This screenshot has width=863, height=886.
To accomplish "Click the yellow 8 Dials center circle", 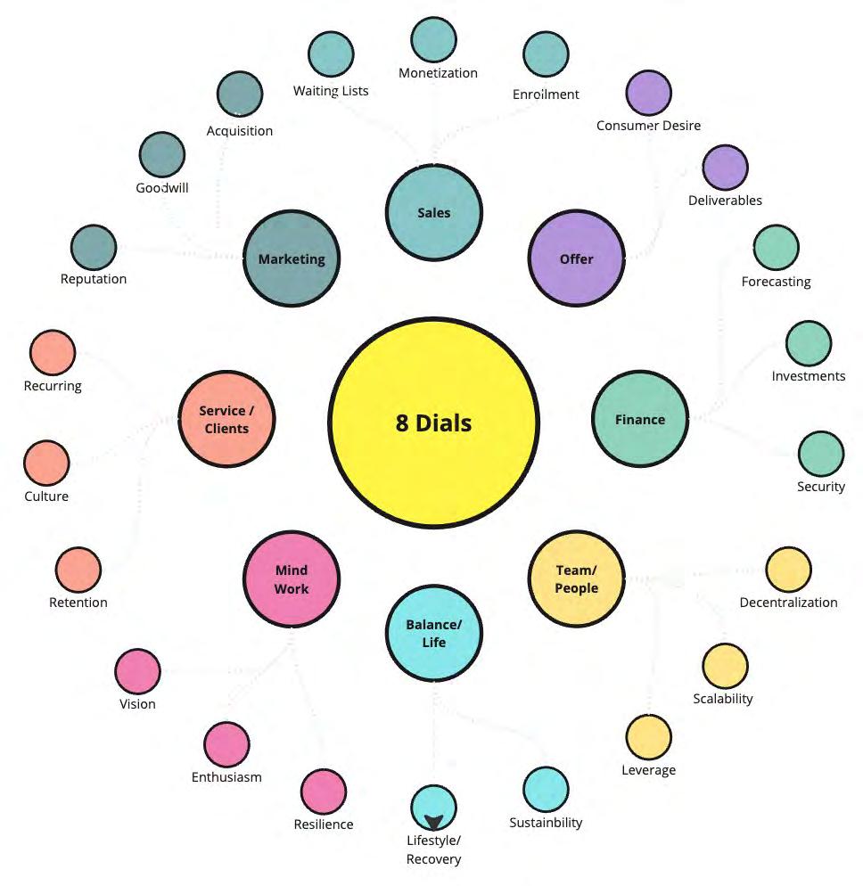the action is click(x=433, y=422).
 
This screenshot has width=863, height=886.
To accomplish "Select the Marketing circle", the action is click(x=292, y=258).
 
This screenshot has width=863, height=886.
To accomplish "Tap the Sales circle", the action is click(x=434, y=212).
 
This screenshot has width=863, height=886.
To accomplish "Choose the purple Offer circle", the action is click(x=576, y=258).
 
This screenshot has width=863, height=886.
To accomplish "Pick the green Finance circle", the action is click(x=640, y=419).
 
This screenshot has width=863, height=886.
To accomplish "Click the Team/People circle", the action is click(x=576, y=578).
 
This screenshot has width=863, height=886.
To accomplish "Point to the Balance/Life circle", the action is click(x=434, y=633).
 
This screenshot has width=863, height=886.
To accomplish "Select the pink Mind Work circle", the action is click(x=292, y=579).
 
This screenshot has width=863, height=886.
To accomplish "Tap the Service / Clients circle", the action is click(x=226, y=419).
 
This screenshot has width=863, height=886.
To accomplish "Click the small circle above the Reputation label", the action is click(x=94, y=247).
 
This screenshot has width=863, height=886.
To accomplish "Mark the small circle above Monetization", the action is click(x=434, y=39).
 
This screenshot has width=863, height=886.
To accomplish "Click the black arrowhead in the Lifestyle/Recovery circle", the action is click(x=434, y=822).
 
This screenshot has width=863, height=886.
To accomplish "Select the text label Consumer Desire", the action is click(x=648, y=126).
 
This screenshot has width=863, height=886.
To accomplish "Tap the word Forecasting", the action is click(x=776, y=282).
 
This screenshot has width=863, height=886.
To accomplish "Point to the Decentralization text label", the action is click(x=788, y=603).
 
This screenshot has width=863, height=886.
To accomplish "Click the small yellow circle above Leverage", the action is click(x=648, y=737).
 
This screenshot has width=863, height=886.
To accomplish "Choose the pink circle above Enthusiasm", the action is click(x=226, y=744).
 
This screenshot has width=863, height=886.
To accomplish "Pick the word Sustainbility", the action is click(x=546, y=823).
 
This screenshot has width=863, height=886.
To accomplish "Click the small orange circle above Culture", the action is click(x=46, y=463).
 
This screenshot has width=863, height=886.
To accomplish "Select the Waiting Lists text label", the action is click(x=331, y=91).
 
